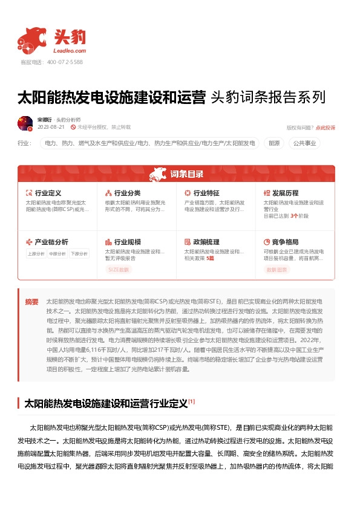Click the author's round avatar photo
25,123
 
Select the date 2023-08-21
51,128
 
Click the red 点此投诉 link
325,128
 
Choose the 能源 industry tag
274,143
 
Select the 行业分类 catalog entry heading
127,193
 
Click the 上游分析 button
36,254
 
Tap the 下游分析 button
79,254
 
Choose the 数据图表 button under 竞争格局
277,270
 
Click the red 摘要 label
31,301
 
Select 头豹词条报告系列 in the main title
267,98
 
